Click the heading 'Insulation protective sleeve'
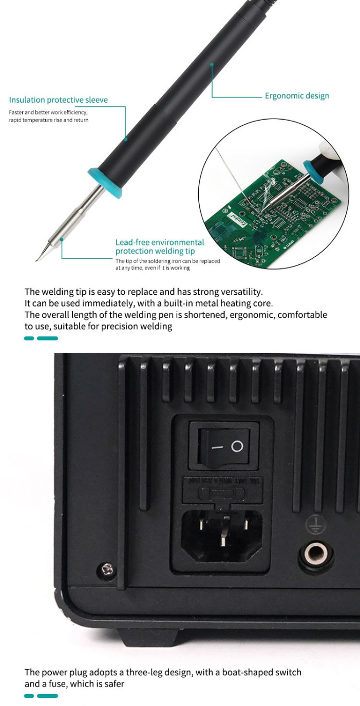59,100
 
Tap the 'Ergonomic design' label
297,96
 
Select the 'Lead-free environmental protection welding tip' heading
160,246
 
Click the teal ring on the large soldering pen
105,181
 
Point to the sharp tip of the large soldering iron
37,260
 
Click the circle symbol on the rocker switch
237,446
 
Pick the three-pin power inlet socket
222,534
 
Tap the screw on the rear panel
108,568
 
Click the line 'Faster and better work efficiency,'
48,112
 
